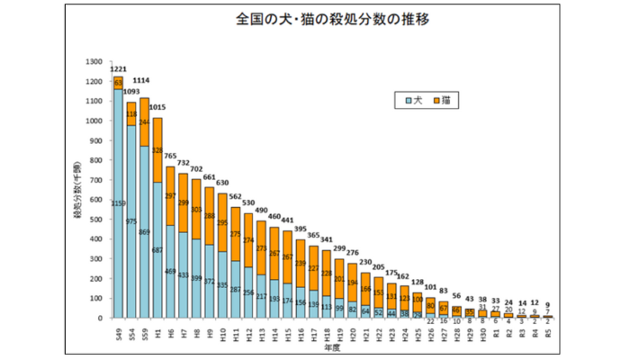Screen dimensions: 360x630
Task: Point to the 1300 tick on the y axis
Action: click(93, 61)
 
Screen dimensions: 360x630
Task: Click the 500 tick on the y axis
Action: click(95, 219)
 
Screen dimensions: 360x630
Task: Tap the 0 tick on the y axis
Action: click(101, 318)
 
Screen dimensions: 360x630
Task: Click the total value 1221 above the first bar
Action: click(118, 69)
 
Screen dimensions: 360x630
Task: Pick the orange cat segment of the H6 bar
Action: click(170, 195)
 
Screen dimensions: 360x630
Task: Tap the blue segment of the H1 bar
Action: click(157, 252)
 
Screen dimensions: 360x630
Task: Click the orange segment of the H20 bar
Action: click(353, 283)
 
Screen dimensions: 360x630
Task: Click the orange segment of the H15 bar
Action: click(288, 256)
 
